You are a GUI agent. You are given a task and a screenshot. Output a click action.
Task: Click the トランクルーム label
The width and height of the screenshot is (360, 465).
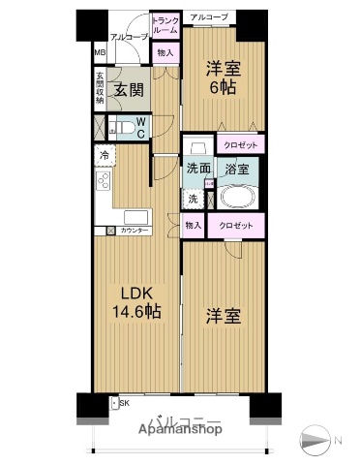coord(165,25)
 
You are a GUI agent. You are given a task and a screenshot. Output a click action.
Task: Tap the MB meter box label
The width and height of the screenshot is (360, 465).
coord(100,54)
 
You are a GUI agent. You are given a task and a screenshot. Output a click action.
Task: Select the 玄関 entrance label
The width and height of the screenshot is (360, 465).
coord(129,90)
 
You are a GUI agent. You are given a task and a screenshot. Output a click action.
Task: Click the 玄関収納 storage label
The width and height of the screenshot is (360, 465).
coord(100,90)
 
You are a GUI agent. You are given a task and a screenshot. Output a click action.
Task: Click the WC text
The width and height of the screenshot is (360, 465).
coord(140,128)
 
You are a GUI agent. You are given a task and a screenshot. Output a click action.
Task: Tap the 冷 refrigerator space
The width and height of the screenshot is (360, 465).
coord(103,155)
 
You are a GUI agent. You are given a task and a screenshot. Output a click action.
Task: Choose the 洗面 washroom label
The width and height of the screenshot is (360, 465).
coord(198,169)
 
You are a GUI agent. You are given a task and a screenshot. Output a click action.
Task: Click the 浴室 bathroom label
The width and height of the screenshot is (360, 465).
coord(237,169)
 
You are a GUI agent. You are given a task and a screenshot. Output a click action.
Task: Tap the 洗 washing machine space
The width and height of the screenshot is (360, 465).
coord(193,199)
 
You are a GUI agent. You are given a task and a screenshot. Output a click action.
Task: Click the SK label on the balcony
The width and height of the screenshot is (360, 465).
coord(124,401)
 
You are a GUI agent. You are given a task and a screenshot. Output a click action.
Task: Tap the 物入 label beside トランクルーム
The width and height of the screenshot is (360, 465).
coord(165,52)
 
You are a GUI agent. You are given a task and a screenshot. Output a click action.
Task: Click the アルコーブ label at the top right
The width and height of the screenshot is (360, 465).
coord(208,17)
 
